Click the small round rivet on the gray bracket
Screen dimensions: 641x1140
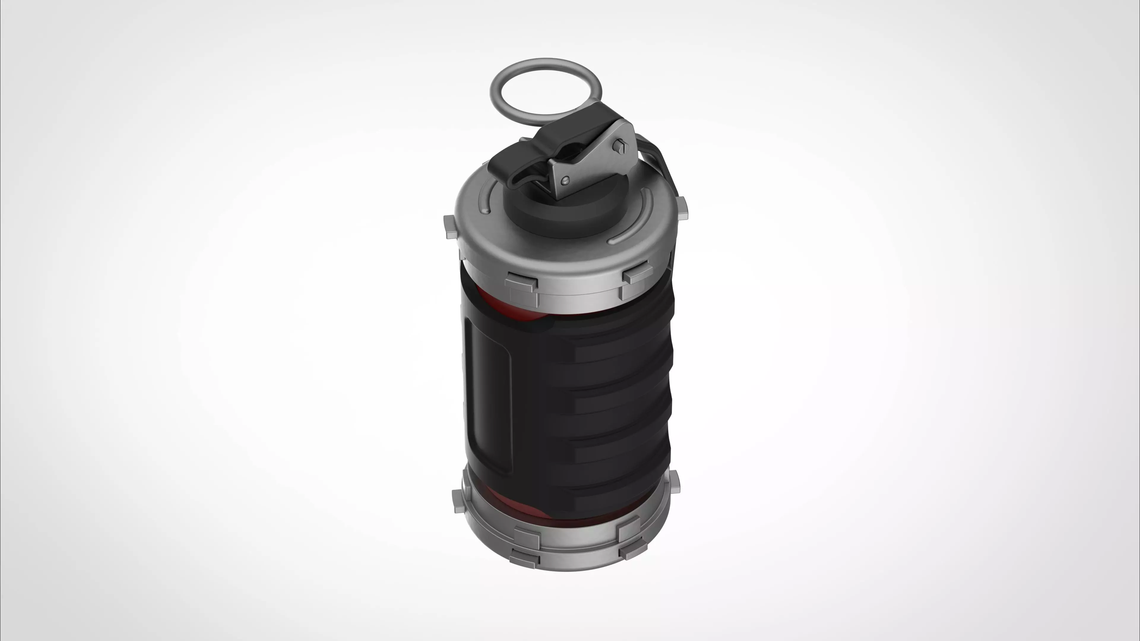point(565,180)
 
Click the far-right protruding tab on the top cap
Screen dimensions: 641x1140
point(682,208)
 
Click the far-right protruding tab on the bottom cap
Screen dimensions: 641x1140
point(674,482)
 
